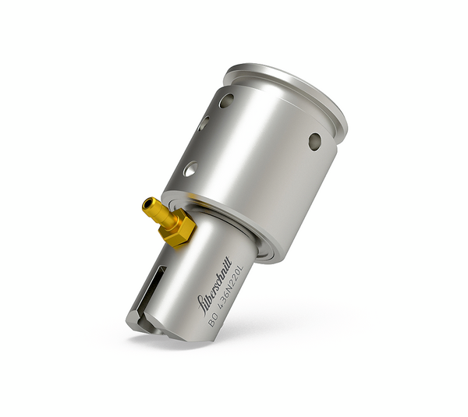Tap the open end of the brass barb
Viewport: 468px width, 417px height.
tap(146, 205)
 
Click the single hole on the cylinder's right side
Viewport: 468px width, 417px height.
tap(314, 141)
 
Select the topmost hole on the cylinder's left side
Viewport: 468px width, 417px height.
tap(225, 101)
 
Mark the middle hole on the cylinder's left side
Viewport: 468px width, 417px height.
tap(204, 123)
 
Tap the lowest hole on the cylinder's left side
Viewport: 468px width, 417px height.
tap(190, 168)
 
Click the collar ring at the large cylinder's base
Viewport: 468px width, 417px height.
tap(234, 226)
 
